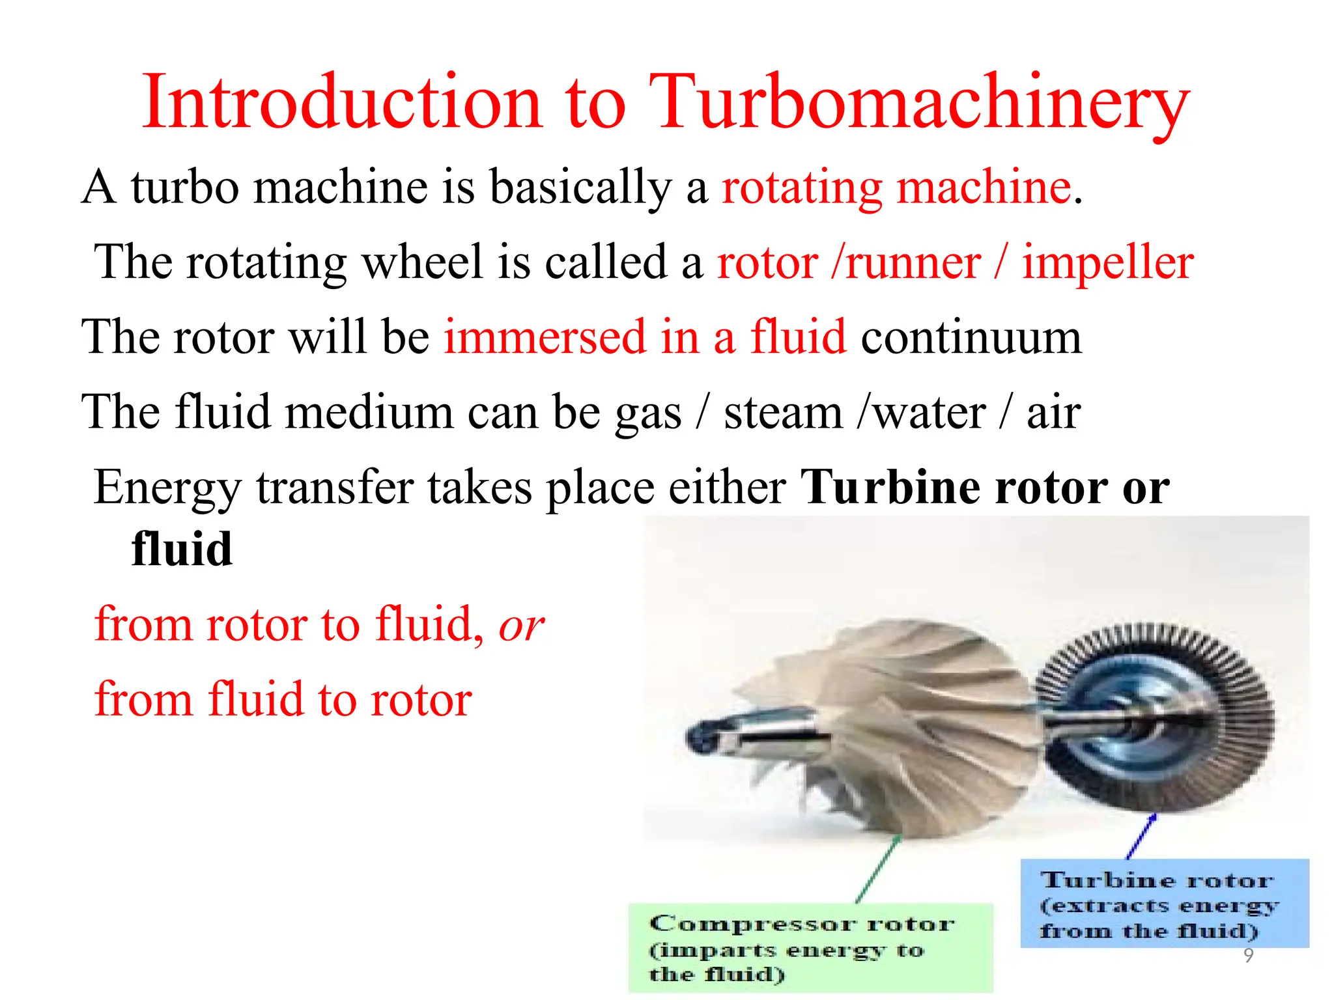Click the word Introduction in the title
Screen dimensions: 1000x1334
(x=342, y=103)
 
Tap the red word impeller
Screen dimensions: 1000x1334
(x=1107, y=262)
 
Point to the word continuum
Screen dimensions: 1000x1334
(x=971, y=337)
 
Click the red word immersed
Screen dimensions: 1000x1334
(x=544, y=337)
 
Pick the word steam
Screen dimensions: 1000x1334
(x=783, y=413)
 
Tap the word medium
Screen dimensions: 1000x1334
(x=369, y=413)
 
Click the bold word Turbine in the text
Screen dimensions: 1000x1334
(x=890, y=488)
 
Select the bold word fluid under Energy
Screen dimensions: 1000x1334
(x=182, y=549)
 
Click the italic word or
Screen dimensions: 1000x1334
(x=521, y=625)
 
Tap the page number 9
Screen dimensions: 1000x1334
(x=1248, y=955)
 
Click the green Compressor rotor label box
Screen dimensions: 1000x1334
(x=810, y=947)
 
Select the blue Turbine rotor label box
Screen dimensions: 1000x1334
(x=1164, y=903)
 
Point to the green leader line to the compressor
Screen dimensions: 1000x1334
(x=879, y=869)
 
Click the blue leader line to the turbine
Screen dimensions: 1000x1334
(x=1141, y=837)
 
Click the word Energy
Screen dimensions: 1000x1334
(x=167, y=488)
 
